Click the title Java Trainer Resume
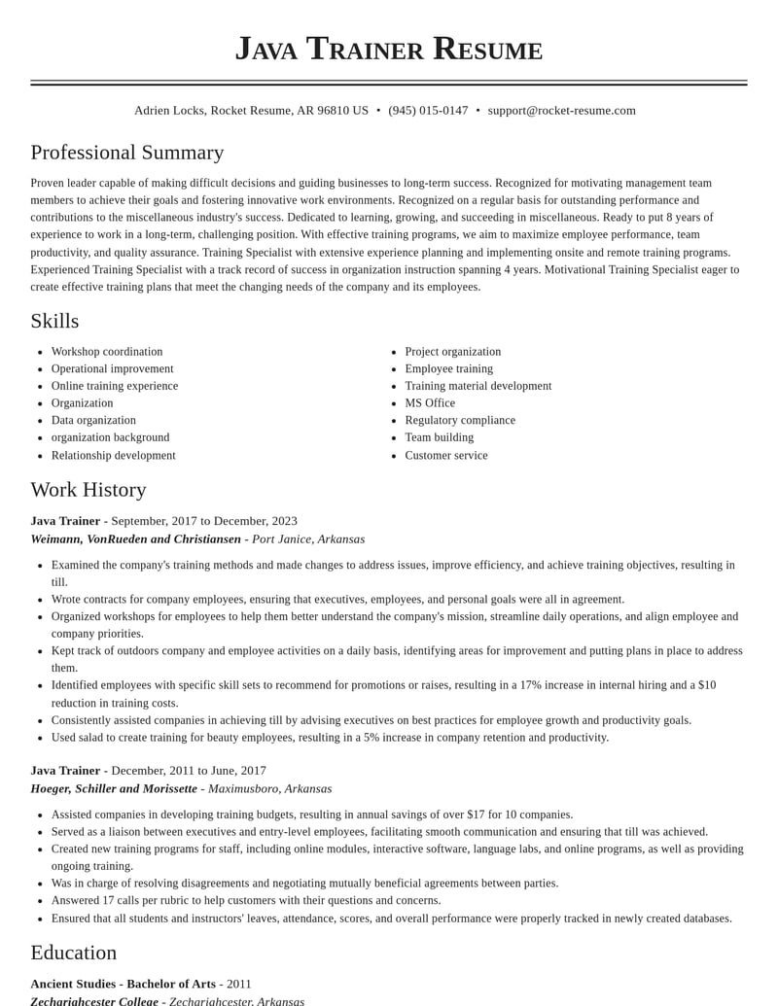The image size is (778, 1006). point(388,49)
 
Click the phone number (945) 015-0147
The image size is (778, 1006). point(428,111)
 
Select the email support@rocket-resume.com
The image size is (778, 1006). point(561,111)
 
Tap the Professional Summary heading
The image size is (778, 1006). point(126,153)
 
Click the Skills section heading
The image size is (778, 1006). point(54,321)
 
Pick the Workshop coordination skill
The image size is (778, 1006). point(107,352)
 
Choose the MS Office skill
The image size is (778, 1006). point(430,403)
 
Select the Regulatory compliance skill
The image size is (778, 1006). point(460,421)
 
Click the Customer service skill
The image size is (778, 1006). point(446,456)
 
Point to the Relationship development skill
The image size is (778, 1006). point(113,456)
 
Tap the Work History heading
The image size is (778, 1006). point(88,490)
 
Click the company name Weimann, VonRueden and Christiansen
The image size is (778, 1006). point(135,539)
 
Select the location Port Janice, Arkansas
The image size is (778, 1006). point(308,539)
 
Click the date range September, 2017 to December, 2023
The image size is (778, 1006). point(204,521)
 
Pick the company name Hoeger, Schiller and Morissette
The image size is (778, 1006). point(114,789)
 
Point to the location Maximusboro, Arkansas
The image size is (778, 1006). point(269,789)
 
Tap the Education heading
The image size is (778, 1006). point(73,953)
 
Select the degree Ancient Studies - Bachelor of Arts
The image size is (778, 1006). point(123,984)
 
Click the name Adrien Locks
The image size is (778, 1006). point(168,111)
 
